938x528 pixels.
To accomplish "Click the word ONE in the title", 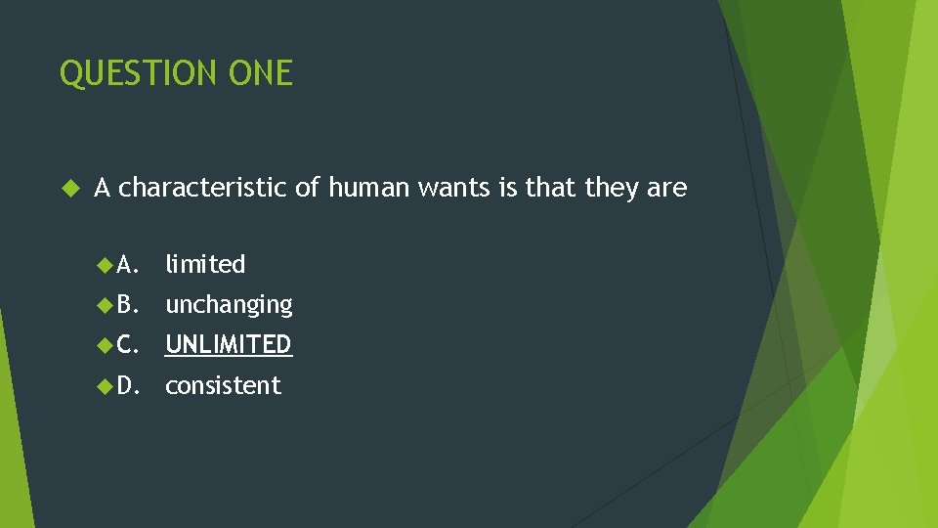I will [x=260, y=73].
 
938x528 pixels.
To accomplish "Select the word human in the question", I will [x=369, y=187].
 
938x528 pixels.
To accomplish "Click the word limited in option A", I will [x=205, y=264].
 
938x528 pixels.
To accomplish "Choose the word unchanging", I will [x=229, y=305].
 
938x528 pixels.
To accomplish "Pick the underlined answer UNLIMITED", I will [x=229, y=344].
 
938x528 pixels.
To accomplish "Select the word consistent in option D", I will [x=223, y=386].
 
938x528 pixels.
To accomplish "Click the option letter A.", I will [x=127, y=264].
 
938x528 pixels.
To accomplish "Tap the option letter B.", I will [x=127, y=305].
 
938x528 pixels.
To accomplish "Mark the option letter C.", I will [x=127, y=345].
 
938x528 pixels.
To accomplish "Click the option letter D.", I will [x=127, y=386].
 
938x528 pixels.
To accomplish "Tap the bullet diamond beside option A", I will [x=106, y=264].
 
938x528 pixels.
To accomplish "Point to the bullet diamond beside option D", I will [x=106, y=386].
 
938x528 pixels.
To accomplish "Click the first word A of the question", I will [x=102, y=187].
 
